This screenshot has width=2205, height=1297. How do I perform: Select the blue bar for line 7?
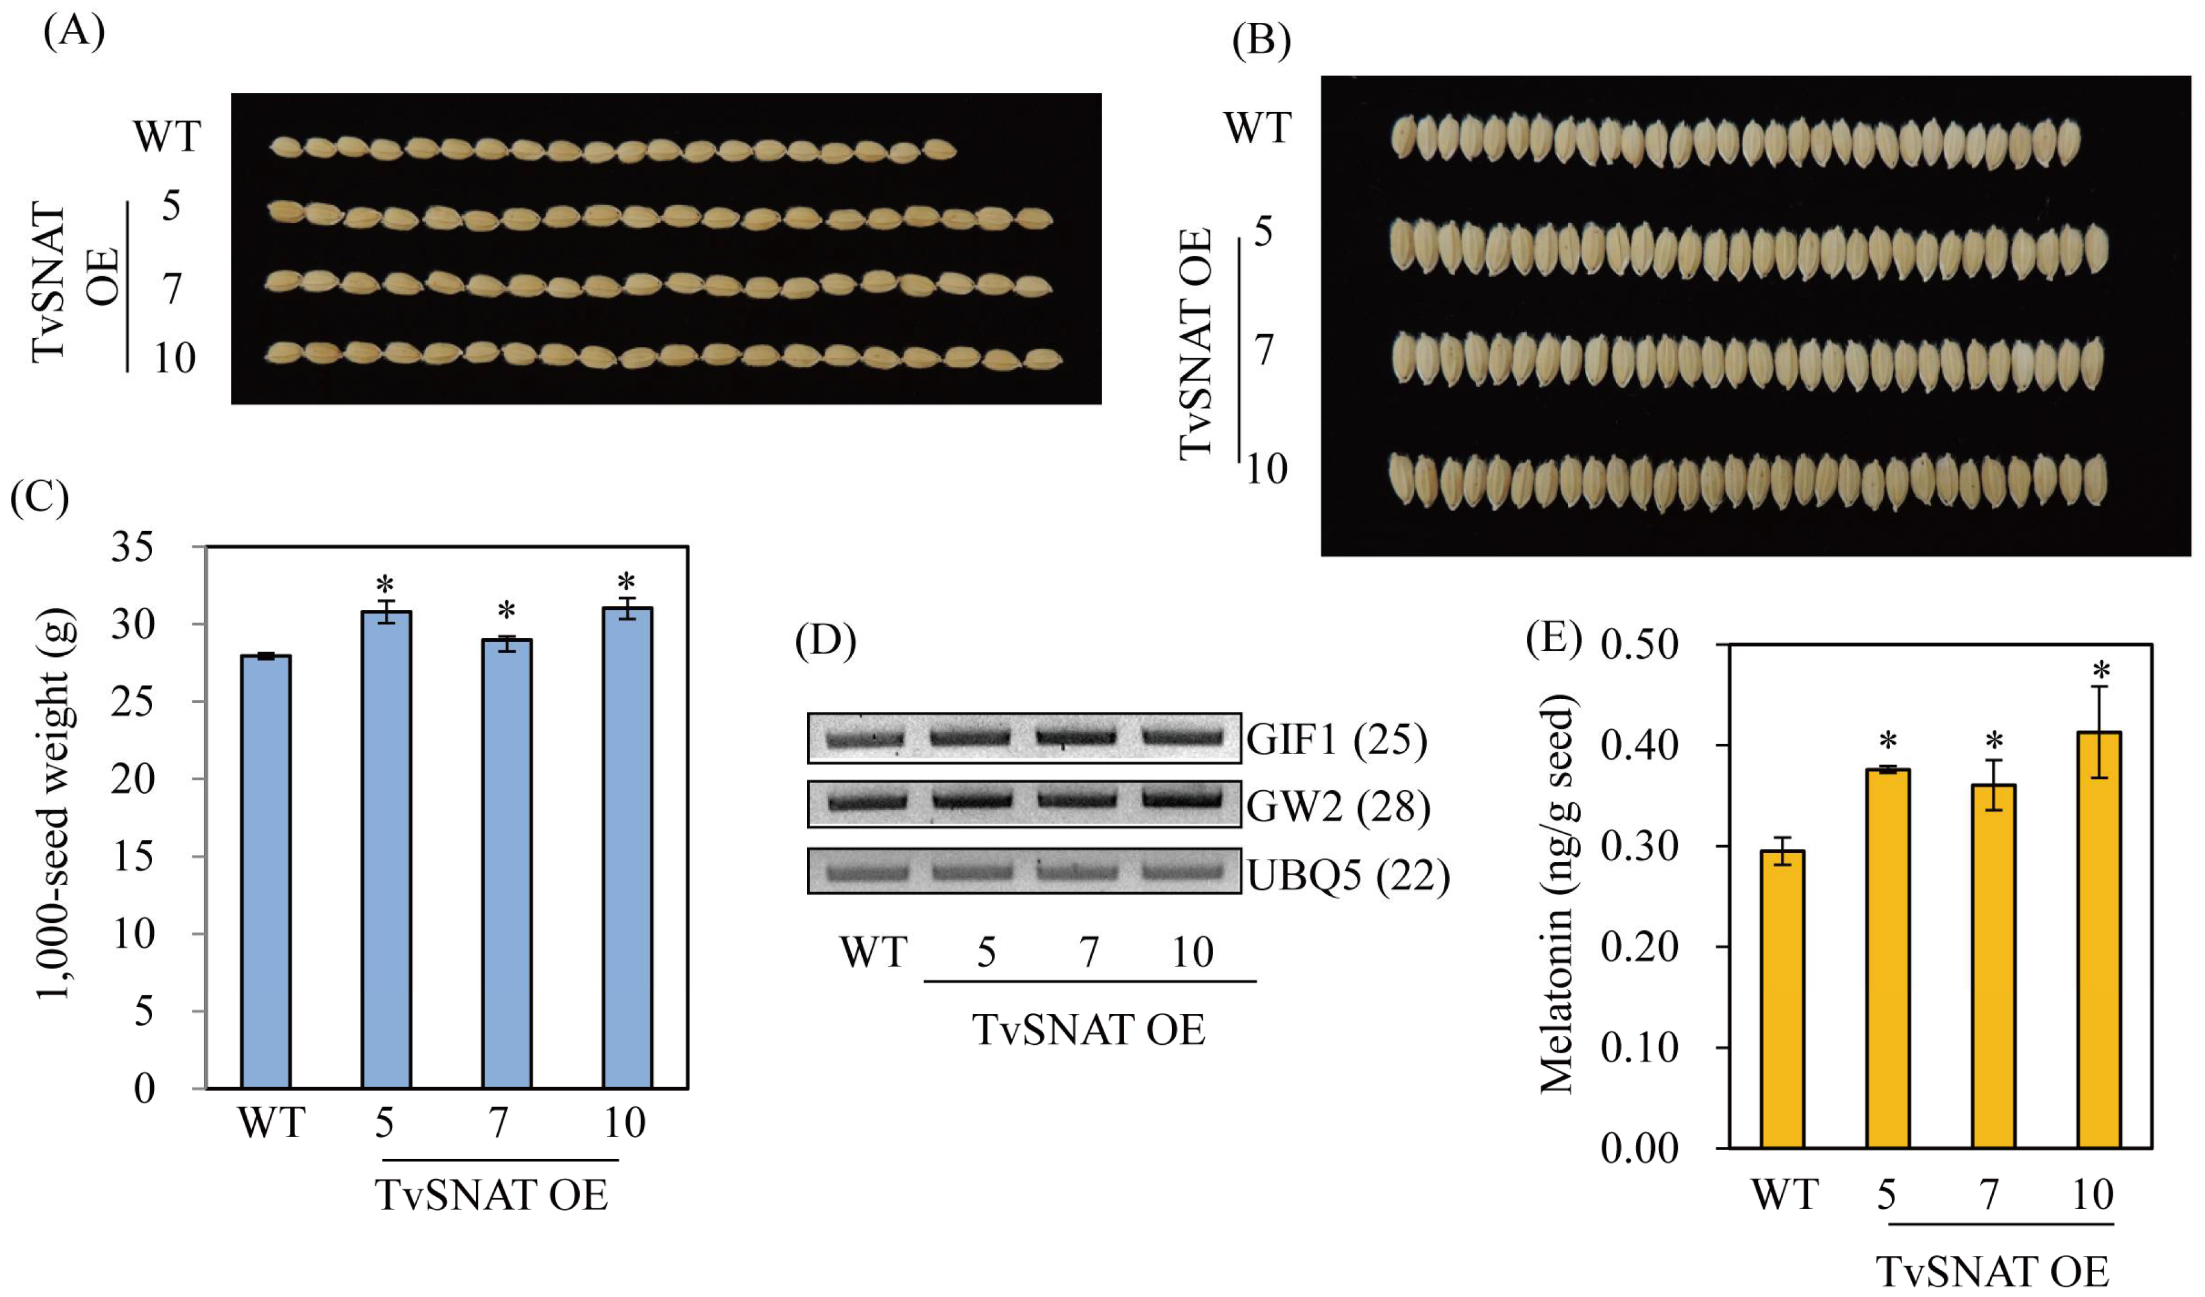click(x=507, y=864)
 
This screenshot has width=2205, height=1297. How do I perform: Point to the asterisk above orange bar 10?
click(x=2101, y=672)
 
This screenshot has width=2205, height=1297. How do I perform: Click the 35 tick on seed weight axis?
click(x=132, y=548)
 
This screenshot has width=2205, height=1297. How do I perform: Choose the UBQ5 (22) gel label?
click(x=1348, y=876)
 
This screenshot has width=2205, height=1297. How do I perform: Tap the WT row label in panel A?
click(x=167, y=138)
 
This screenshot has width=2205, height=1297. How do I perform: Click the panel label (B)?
click(x=1261, y=40)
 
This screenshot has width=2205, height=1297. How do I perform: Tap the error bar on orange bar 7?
click(x=1993, y=784)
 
